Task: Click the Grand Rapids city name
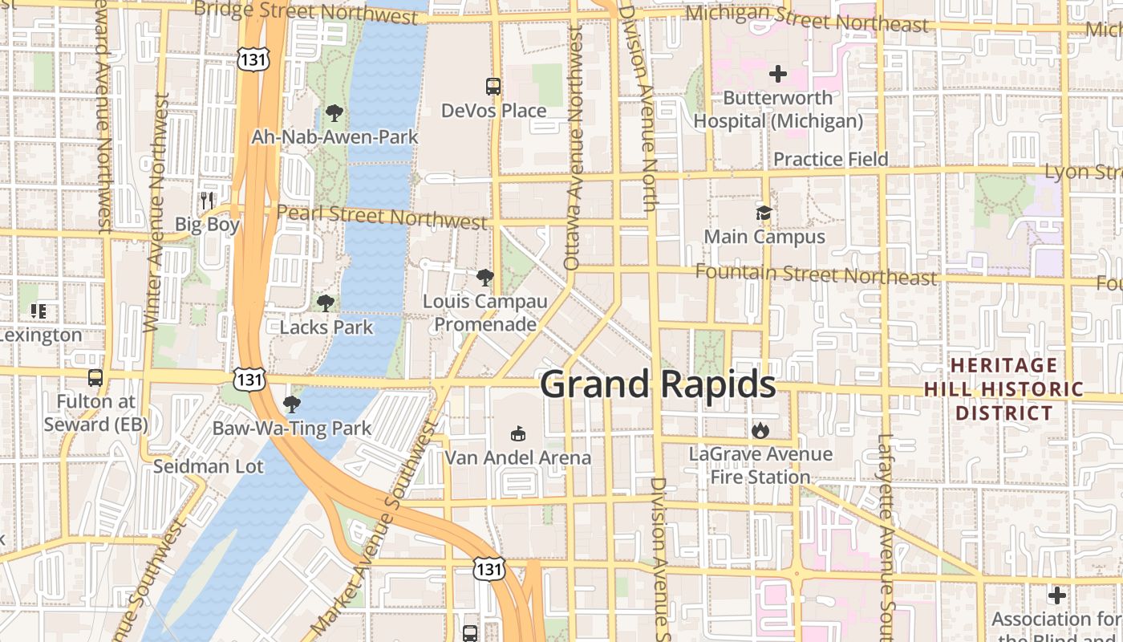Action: [658, 385]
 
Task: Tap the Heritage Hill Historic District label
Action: [1003, 389]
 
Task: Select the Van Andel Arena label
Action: [518, 457]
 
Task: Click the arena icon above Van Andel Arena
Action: [518, 434]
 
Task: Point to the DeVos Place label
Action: [493, 111]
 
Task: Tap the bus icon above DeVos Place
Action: [493, 86]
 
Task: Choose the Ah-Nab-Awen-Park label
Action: [334, 137]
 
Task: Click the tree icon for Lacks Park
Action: [325, 303]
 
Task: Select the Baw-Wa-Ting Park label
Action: [292, 428]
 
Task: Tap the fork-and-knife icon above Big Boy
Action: [208, 200]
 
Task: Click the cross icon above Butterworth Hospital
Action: [777, 75]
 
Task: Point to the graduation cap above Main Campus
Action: [764, 213]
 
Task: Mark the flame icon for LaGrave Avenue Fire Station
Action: [760, 431]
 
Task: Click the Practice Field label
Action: [830, 159]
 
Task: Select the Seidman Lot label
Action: [208, 466]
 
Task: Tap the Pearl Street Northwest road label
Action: [382, 217]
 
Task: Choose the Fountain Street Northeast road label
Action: [816, 274]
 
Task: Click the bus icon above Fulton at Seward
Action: [95, 377]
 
